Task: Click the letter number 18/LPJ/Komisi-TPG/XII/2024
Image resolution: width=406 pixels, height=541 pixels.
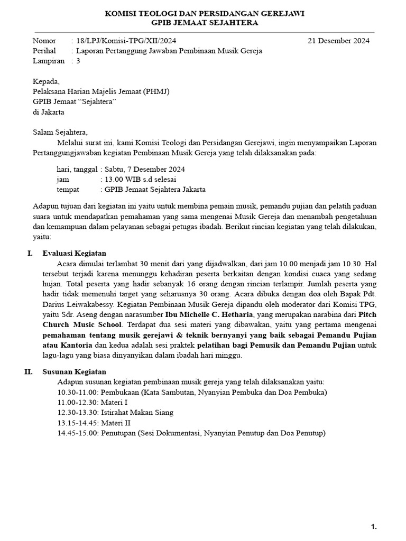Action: pyautogui.click(x=126, y=41)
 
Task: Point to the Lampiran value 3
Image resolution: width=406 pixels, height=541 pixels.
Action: pyautogui.click(x=79, y=61)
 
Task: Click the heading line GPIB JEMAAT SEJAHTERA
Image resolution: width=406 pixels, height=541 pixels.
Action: pyautogui.click(x=205, y=23)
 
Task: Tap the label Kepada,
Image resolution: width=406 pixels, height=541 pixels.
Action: pyautogui.click(x=47, y=81)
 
